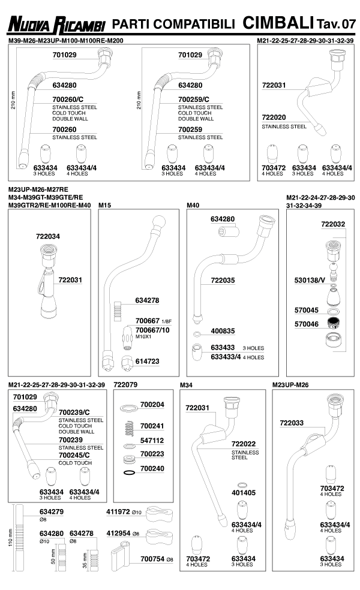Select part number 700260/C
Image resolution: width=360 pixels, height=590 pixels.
[x=69, y=100]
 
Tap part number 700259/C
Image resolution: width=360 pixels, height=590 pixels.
[x=194, y=100]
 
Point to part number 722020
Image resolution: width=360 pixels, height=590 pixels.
[x=275, y=118]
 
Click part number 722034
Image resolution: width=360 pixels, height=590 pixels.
[x=48, y=236]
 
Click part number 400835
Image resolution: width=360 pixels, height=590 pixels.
[x=222, y=331]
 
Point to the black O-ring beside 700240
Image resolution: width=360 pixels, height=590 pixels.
[x=128, y=474]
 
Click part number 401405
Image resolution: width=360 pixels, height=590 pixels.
[x=244, y=492]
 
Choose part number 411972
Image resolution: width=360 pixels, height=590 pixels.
[x=118, y=511]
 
